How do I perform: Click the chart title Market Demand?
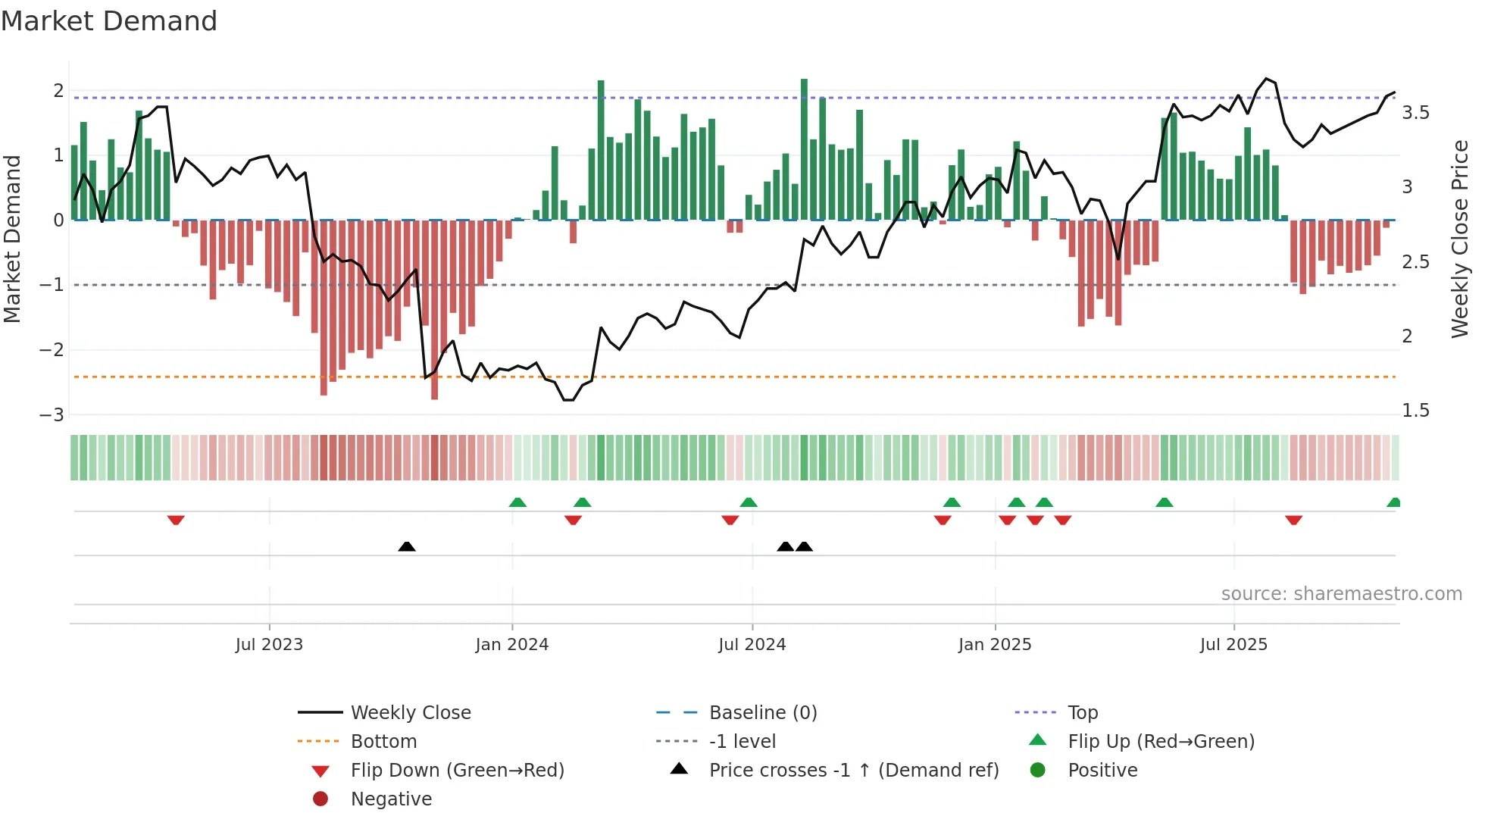tap(109, 21)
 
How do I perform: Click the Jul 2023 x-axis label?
tap(269, 644)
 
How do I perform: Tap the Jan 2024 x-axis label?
tap(512, 644)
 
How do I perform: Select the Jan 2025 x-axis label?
tap(995, 644)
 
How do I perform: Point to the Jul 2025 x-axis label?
tap(1233, 644)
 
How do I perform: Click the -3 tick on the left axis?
tap(52, 414)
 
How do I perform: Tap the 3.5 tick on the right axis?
tap(1415, 113)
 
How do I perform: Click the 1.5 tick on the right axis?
tap(1415, 410)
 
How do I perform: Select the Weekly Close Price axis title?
tap(1459, 239)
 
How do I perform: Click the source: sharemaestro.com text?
tap(1341, 593)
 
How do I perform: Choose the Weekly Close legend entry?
tap(410, 712)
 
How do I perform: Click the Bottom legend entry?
tap(383, 741)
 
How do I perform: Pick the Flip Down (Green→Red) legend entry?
tap(457, 770)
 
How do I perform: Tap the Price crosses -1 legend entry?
tap(853, 770)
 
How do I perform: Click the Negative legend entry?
tap(391, 799)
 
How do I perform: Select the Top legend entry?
tap(1083, 712)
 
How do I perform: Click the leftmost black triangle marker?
tap(407, 546)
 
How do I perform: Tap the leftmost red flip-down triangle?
tap(176, 520)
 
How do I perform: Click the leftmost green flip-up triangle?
tap(517, 502)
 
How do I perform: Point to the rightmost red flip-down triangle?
tap(1293, 520)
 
